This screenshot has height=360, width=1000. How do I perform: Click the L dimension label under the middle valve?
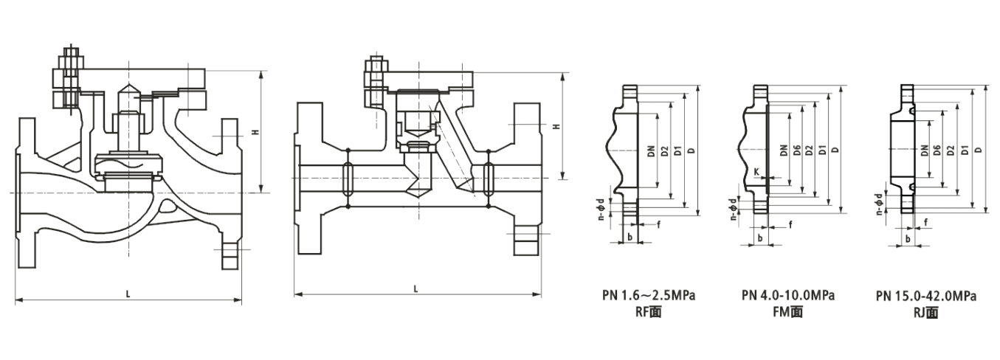tap(416, 289)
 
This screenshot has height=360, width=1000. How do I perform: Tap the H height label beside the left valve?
tap(255, 132)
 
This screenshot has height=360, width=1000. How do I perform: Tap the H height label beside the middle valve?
tap(555, 127)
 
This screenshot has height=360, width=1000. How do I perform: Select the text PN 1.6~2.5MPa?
tap(649, 296)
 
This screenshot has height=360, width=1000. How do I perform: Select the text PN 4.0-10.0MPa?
tap(787, 296)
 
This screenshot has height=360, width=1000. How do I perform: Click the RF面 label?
tap(649, 312)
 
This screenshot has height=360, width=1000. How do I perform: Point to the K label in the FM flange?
tap(756, 171)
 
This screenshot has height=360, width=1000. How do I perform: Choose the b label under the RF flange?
tap(629, 237)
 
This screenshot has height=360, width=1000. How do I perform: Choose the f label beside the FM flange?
tap(790, 224)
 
